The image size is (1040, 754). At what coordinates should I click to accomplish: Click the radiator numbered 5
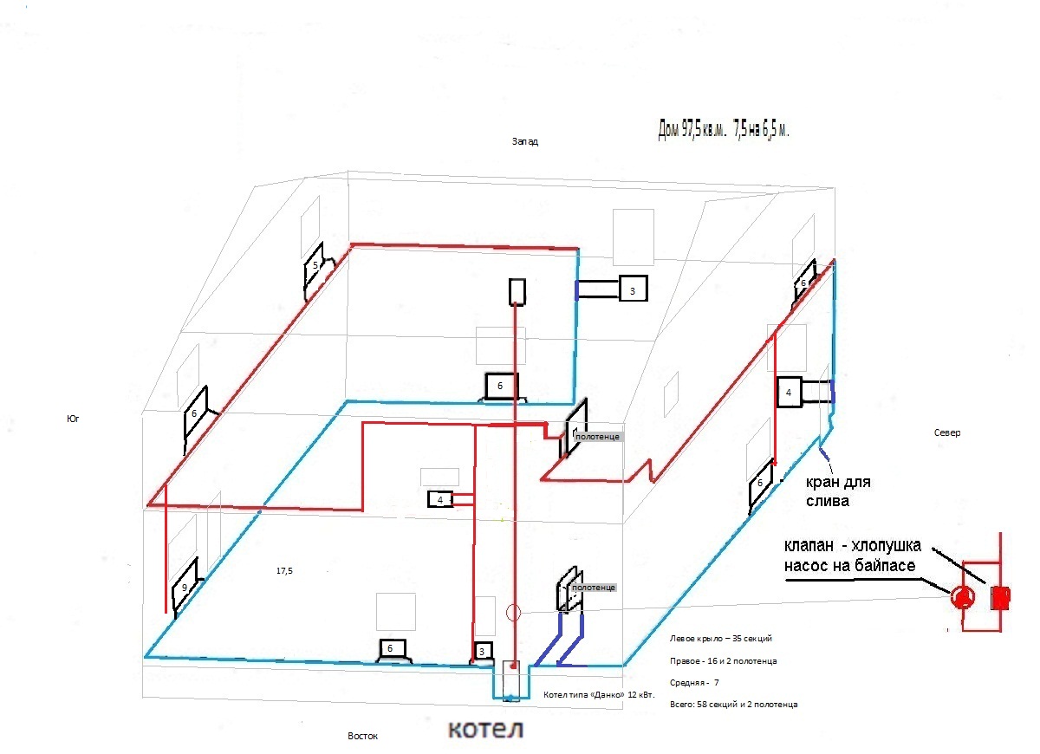(x=315, y=267)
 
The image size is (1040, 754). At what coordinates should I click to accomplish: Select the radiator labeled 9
(x=185, y=587)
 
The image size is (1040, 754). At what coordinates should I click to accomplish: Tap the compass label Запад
(x=525, y=141)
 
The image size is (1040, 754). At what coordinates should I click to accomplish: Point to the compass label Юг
(x=73, y=419)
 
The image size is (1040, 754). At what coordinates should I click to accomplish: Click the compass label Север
(x=947, y=432)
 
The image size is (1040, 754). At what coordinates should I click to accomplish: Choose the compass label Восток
(x=362, y=736)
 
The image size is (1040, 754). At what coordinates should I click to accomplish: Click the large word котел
(x=485, y=730)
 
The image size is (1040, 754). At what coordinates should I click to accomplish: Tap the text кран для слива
(x=838, y=491)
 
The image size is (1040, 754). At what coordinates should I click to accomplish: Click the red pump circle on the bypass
(x=963, y=596)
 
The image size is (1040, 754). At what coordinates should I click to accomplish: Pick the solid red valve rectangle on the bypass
(x=1000, y=598)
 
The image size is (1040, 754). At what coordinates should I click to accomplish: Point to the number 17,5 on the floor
(x=284, y=570)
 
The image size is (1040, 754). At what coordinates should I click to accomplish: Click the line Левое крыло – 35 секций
(x=720, y=639)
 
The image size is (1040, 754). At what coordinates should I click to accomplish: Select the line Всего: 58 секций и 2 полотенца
(x=733, y=705)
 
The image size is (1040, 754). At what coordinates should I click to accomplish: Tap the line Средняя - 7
(x=694, y=683)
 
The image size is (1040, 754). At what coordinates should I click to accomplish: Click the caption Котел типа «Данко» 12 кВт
(x=599, y=695)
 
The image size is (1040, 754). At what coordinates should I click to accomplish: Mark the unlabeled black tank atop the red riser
(x=517, y=291)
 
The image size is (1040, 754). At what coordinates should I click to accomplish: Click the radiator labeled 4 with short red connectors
(x=439, y=499)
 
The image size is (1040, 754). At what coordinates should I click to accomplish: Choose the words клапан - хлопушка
(x=853, y=545)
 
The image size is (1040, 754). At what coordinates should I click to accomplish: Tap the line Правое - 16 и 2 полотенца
(x=724, y=660)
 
